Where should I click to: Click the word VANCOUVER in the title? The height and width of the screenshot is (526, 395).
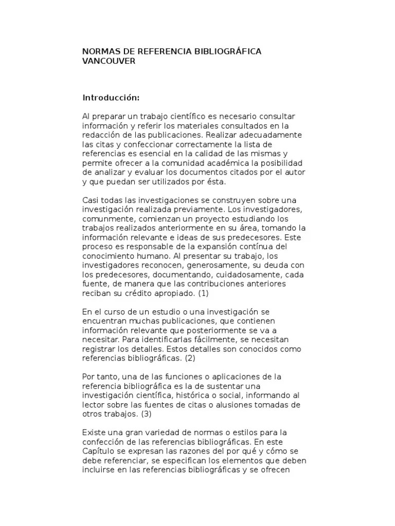pyautogui.click(x=109, y=61)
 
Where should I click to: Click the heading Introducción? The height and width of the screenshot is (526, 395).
pyautogui.click(x=111, y=98)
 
